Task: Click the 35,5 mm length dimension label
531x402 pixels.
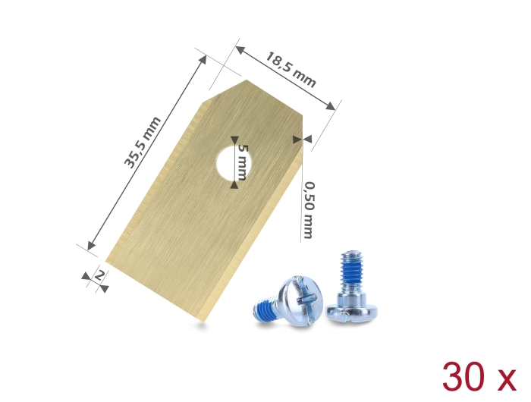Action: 143,143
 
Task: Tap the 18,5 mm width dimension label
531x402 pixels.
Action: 291,70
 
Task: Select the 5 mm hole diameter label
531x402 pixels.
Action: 243,162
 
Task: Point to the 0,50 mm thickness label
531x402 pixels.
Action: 308,210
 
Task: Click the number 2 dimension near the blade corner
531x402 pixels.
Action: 99,275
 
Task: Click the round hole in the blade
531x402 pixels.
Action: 234,162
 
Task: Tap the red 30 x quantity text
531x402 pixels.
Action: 479,377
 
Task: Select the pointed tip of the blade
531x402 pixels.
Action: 247,80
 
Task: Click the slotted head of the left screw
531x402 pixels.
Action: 300,300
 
